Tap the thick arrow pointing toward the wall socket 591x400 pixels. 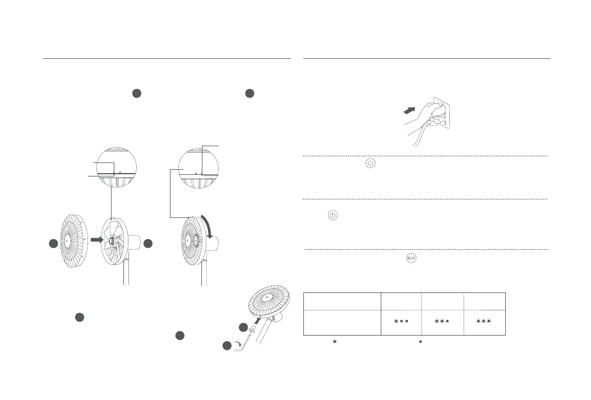pyautogui.click(x=413, y=111)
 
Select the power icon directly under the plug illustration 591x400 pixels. pyautogui.click(x=370, y=164)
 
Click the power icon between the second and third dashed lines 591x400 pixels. pyautogui.click(x=333, y=215)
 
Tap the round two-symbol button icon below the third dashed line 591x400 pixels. pyautogui.click(x=410, y=258)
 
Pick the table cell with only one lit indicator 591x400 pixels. pyautogui.click(x=400, y=322)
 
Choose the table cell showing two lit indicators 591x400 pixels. pyautogui.click(x=443, y=322)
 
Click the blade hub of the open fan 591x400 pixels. pyautogui.click(x=112, y=240)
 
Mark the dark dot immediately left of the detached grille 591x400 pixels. pyautogui.click(x=52, y=244)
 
